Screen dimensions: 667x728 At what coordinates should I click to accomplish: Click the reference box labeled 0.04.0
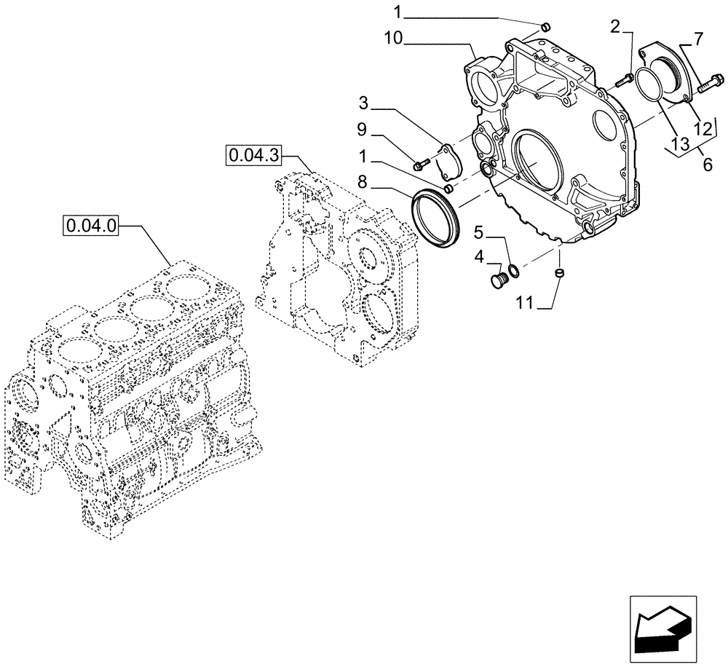[x=91, y=226]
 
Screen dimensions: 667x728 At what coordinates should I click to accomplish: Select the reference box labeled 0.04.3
[x=253, y=155]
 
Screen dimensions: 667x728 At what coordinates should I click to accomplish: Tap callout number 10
[x=393, y=38]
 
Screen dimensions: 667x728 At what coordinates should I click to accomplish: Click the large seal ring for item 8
[x=435, y=218]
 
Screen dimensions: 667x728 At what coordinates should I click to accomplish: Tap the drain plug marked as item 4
[x=499, y=280]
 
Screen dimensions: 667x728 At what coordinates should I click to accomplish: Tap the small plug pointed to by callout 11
[x=560, y=274]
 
